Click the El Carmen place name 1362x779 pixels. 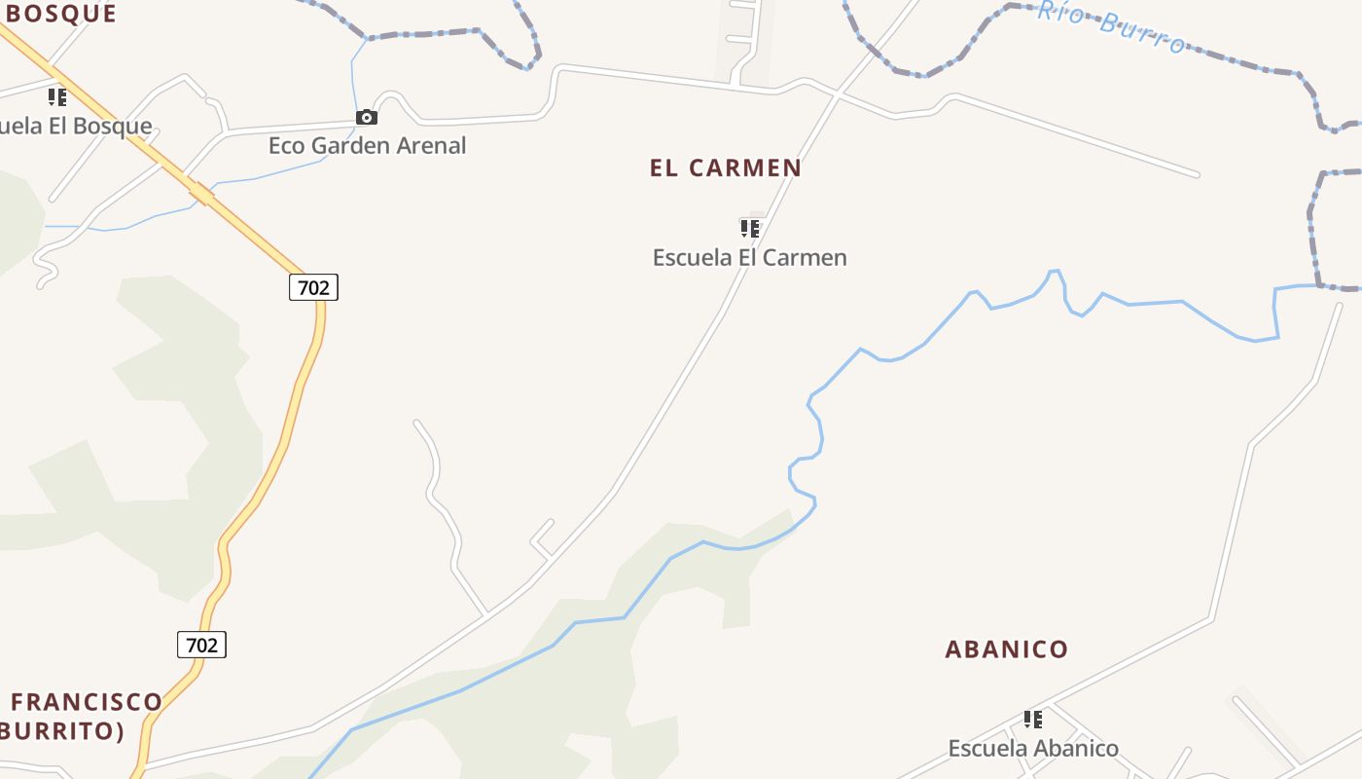[726, 167]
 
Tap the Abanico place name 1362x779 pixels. [1007, 649]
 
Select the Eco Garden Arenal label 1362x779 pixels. [367, 146]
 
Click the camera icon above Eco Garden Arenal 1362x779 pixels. [366, 118]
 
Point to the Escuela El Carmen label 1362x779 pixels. [749, 258]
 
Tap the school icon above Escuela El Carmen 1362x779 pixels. [749, 229]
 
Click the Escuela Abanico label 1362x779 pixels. [1033, 749]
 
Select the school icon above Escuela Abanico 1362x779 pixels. [1033, 720]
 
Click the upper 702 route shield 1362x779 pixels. [313, 287]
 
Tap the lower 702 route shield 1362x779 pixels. [201, 645]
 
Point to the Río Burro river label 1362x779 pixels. [1111, 25]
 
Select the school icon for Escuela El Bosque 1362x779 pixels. [57, 97]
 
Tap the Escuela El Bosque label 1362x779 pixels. [76, 127]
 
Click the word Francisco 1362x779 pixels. [87, 702]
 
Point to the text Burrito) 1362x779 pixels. [62, 731]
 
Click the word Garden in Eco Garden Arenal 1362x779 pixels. [367, 146]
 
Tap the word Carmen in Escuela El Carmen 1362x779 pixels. [806, 258]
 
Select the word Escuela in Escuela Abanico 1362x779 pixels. [987, 749]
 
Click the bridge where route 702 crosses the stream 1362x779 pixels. [202, 195]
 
